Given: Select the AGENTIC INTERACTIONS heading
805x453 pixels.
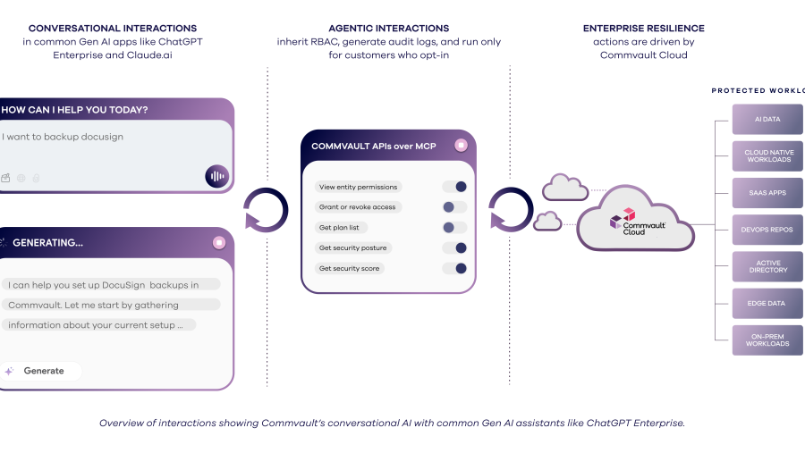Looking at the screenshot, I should [389, 29].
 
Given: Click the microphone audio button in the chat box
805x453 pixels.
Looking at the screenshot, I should [216, 176].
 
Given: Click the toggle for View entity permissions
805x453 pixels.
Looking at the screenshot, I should [455, 187].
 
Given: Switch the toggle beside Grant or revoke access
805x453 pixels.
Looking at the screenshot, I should [455, 207].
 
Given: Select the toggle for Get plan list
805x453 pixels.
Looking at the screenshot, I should [455, 228].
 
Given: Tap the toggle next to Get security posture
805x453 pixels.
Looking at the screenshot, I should [455, 247].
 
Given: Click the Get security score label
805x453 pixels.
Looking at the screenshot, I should [350, 268].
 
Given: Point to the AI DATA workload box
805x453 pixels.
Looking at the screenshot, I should [767, 119].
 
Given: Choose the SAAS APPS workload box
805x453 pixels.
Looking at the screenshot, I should [767, 192].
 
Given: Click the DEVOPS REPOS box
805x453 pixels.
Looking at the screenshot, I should [767, 230].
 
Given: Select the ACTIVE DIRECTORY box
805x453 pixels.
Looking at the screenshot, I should [767, 266].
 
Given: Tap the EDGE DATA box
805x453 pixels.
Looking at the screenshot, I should [767, 304].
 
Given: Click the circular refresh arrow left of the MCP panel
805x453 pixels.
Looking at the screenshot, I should [266, 210].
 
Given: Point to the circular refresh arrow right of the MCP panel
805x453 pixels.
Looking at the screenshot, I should [512, 210].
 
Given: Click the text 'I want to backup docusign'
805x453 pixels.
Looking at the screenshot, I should [64, 137].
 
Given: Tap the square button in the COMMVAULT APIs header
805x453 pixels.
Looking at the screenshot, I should [461, 146].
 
